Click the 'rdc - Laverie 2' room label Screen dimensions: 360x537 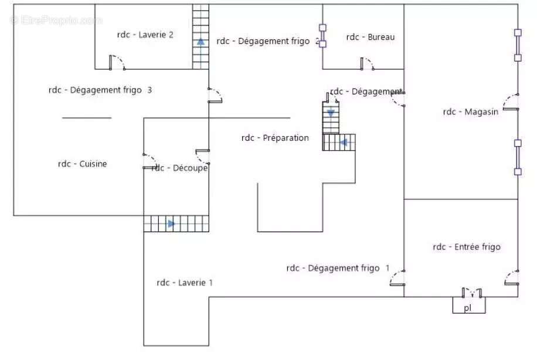(145, 35)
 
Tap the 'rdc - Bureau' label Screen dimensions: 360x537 (370, 38)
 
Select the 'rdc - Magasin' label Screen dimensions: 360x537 (471, 111)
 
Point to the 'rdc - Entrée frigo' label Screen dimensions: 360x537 (467, 247)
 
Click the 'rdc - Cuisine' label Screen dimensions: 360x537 (82, 164)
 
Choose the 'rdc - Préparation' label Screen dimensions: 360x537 (274, 138)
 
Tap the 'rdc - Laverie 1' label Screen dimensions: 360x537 (184, 283)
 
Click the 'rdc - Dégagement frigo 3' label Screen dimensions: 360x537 (100, 90)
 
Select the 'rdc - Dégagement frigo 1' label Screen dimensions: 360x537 (338, 268)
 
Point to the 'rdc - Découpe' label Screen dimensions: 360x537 (180, 168)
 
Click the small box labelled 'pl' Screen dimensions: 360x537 (468, 306)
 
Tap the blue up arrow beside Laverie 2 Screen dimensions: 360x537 (201, 42)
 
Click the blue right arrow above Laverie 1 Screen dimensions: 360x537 (171, 223)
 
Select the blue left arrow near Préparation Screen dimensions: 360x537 (344, 141)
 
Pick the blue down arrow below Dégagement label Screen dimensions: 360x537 (331, 113)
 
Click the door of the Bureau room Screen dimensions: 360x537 (367, 63)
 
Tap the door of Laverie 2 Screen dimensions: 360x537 (116, 62)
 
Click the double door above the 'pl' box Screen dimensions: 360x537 (471, 291)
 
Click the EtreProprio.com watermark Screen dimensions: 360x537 (56, 21)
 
